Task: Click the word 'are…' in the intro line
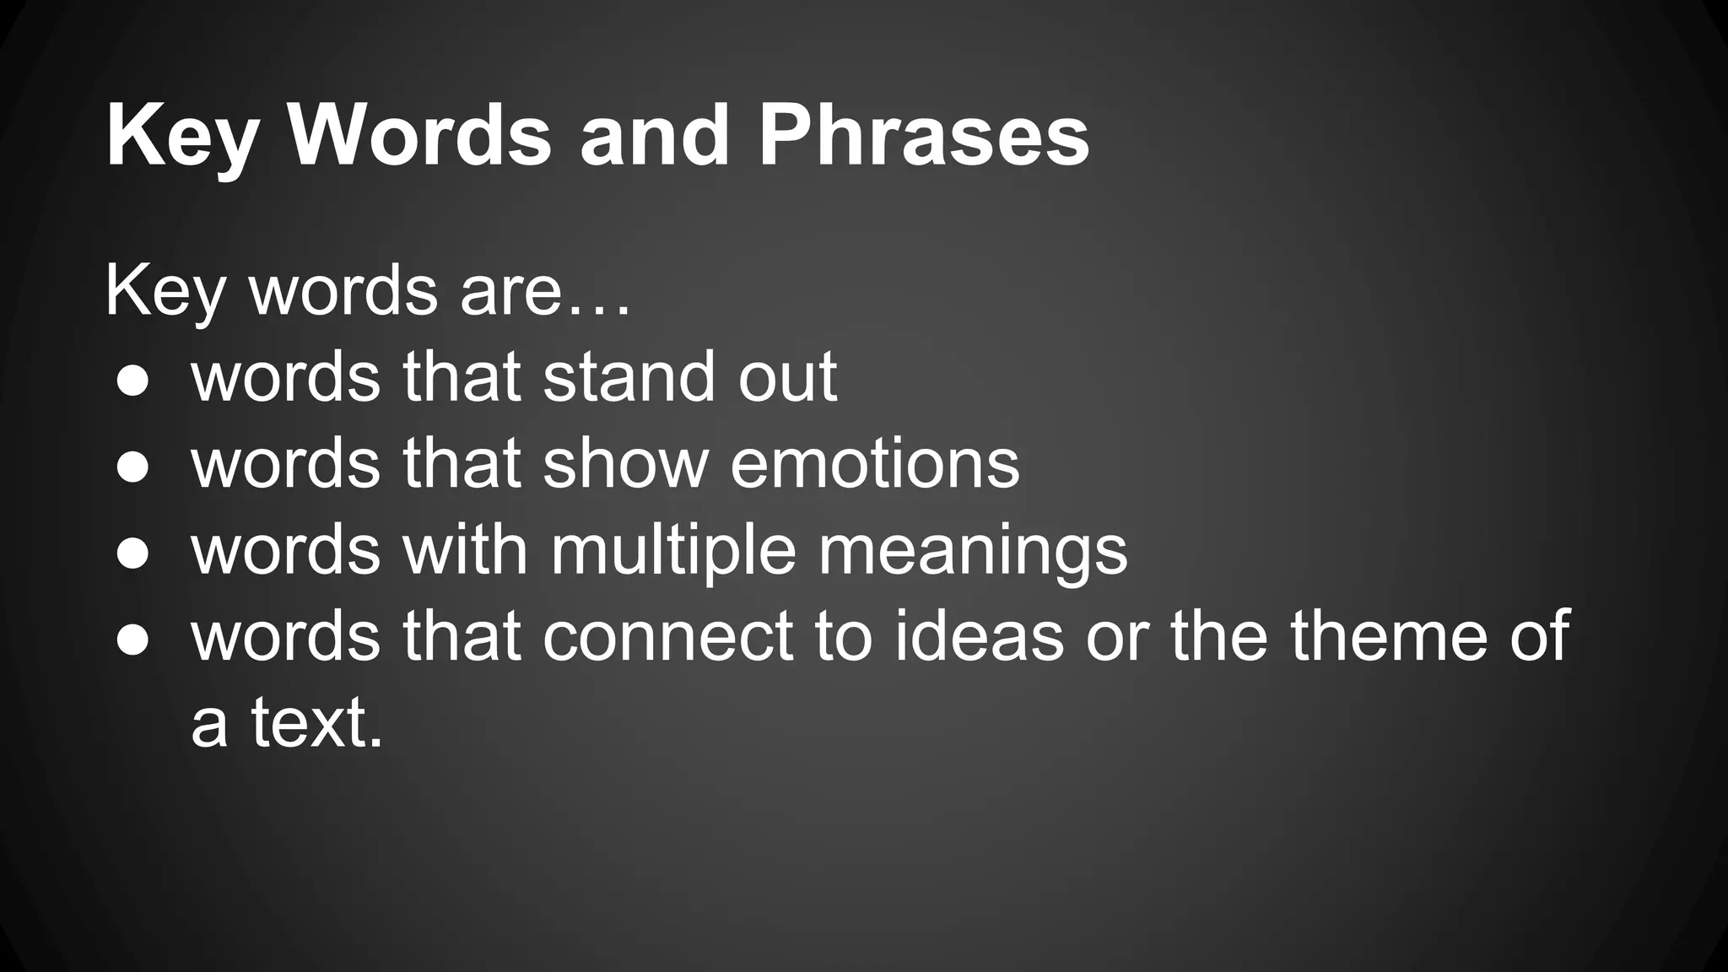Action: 545,291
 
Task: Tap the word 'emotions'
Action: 874,463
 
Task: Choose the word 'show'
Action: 625,463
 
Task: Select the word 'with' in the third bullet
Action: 465,550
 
